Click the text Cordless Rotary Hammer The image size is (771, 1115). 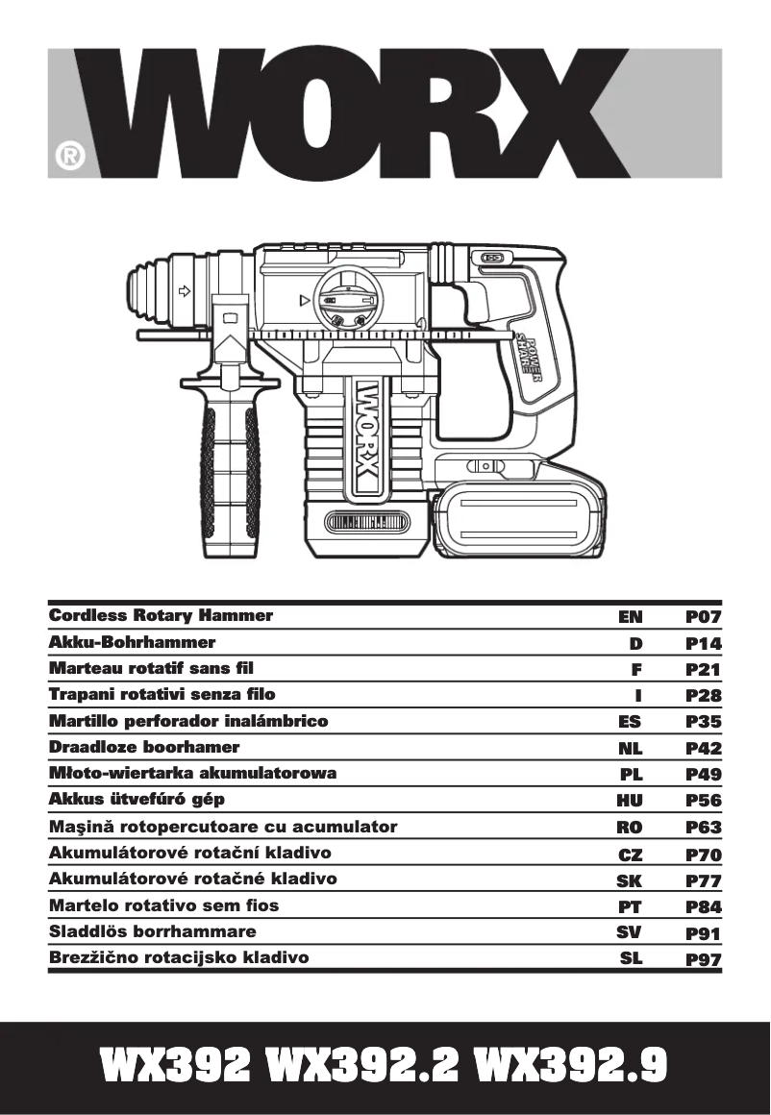pos(161,615)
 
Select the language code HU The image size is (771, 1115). pos(629,800)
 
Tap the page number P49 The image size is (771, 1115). pos(703,774)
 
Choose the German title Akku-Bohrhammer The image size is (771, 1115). pos(132,642)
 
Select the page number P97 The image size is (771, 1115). pos(703,958)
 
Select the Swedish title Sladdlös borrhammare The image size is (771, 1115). pos(152,931)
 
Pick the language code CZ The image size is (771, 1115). pos(630,854)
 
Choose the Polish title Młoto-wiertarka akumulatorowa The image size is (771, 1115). pos(192,774)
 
